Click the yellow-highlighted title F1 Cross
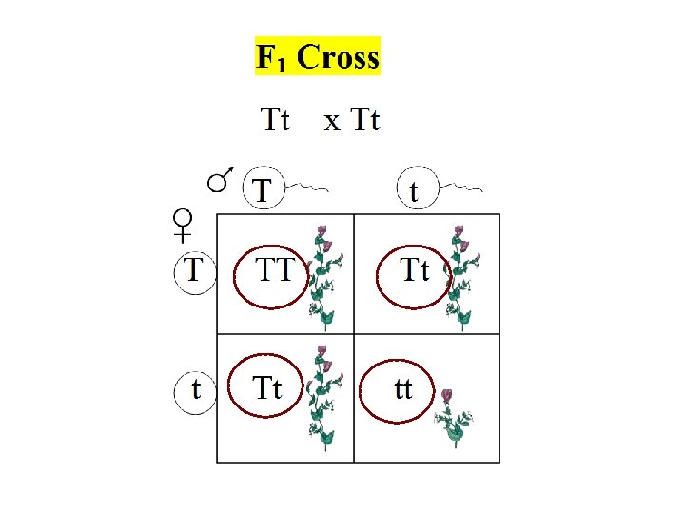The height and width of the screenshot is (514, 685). pos(318,57)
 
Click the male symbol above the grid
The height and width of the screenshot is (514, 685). pos(221,178)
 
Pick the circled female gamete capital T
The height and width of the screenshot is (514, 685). pos(195,270)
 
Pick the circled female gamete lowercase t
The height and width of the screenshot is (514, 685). pos(196,389)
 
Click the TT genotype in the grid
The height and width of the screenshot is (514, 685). pos(275,273)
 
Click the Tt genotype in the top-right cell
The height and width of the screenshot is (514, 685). pos(414,273)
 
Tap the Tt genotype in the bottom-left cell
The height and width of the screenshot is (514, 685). pos(268,389)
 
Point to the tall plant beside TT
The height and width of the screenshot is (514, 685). pos(324,276)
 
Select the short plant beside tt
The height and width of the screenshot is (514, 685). pos(453,419)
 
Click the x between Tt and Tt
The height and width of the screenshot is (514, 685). pos(331,122)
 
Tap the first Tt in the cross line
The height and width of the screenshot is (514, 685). pos(275,121)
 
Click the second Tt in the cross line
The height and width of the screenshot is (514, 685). pos(365,121)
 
